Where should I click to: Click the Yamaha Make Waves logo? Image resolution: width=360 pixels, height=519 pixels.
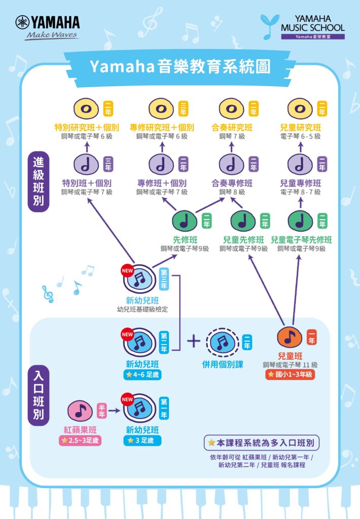[48, 27]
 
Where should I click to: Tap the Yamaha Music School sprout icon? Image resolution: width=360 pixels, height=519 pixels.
[269, 26]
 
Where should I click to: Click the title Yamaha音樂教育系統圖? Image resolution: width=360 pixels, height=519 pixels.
[179, 66]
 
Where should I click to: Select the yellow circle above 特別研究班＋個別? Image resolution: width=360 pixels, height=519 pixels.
[87, 108]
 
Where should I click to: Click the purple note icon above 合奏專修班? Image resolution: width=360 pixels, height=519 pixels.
[232, 164]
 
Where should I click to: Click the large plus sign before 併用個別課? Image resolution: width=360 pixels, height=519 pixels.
[194, 341]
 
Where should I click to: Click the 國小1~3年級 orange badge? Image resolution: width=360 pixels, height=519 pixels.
[291, 375]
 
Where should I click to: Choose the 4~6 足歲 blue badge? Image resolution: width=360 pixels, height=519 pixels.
[142, 375]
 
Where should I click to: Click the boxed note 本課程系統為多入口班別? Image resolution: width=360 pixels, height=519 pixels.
[262, 442]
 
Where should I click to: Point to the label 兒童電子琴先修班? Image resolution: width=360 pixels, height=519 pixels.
[301, 240]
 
